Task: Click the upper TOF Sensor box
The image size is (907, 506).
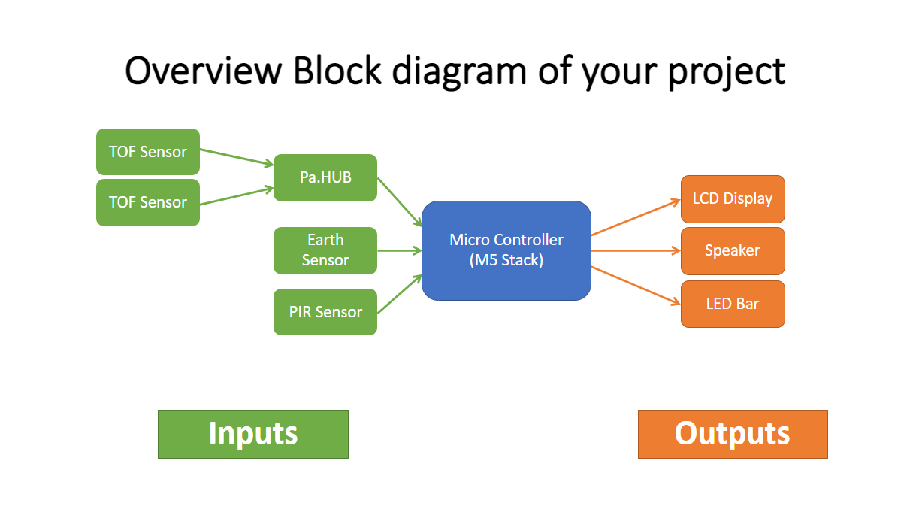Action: click(148, 152)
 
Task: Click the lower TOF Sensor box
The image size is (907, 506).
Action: click(148, 202)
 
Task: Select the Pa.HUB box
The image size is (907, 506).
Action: click(325, 178)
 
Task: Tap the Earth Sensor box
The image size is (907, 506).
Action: click(325, 250)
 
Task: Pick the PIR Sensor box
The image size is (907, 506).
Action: click(325, 312)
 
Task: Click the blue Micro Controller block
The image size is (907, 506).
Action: click(506, 250)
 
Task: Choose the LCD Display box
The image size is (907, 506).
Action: click(733, 199)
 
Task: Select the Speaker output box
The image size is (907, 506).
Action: click(733, 250)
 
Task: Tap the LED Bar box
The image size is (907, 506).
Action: click(733, 304)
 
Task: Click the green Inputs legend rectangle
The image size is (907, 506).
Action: click(253, 434)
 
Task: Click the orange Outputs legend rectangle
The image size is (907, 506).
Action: click(733, 434)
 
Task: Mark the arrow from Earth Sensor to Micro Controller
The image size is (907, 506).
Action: click(399, 250)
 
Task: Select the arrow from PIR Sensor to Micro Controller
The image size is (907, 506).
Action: click(399, 294)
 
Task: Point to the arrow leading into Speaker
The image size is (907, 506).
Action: click(636, 250)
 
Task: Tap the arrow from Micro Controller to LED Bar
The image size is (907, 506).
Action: click(636, 285)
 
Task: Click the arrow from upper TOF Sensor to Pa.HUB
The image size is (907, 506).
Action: click(236, 156)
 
